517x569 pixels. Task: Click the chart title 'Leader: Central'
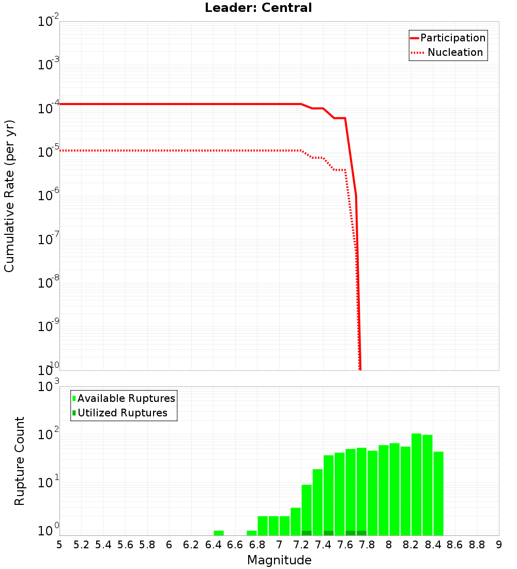(x=258, y=8)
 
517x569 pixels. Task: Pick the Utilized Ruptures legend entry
(x=122, y=413)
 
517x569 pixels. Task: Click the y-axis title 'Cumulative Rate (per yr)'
(x=9, y=196)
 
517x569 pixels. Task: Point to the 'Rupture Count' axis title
(x=20, y=460)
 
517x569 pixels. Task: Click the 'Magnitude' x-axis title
(x=279, y=560)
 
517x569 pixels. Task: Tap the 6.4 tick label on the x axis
(x=213, y=545)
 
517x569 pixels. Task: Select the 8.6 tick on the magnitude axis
(x=455, y=545)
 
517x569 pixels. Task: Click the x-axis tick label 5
(x=59, y=545)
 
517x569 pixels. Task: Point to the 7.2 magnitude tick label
(x=301, y=545)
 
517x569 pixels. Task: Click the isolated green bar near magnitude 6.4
(x=219, y=533)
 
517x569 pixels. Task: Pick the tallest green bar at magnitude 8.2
(x=416, y=484)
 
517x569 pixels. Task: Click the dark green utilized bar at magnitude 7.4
(x=328, y=533)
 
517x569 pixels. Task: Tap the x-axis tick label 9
(x=499, y=545)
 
